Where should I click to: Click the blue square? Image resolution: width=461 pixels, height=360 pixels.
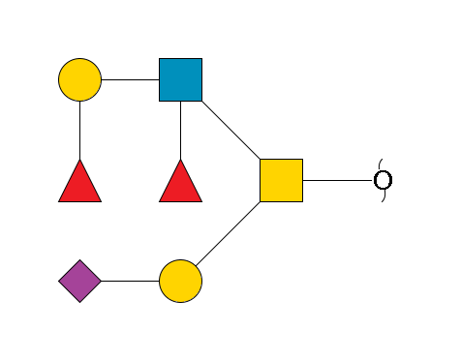(x=180, y=79)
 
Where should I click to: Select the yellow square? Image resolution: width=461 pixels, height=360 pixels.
(x=281, y=180)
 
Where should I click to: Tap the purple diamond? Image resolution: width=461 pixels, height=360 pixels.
(x=79, y=281)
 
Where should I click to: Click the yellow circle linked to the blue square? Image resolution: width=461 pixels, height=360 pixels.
(x=79, y=79)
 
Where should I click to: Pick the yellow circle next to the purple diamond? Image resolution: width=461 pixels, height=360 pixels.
(x=180, y=281)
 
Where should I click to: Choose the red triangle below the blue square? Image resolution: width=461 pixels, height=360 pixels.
(x=180, y=183)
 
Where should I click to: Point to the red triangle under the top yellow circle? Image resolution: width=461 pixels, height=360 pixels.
(x=79, y=183)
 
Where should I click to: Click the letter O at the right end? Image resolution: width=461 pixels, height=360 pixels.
(x=383, y=180)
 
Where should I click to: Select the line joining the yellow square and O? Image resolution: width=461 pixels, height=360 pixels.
(x=338, y=180)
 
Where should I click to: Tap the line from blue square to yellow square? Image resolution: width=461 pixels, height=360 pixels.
(x=230, y=130)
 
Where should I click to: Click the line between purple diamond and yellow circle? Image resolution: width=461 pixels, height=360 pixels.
(x=130, y=281)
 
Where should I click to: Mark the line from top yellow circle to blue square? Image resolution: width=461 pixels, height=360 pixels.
(x=130, y=79)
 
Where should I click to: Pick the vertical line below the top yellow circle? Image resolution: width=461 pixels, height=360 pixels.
(x=79, y=130)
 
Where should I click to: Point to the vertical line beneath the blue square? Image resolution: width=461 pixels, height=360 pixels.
(x=180, y=130)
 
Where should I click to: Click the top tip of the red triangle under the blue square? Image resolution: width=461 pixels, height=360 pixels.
(x=180, y=160)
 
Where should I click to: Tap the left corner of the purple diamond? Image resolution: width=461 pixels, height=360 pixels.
(x=59, y=281)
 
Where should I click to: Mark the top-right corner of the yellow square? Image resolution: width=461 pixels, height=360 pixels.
(x=301, y=160)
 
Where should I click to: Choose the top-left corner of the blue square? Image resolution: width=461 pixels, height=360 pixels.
(x=160, y=59)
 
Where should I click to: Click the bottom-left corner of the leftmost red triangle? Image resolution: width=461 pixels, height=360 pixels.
(x=59, y=201)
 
